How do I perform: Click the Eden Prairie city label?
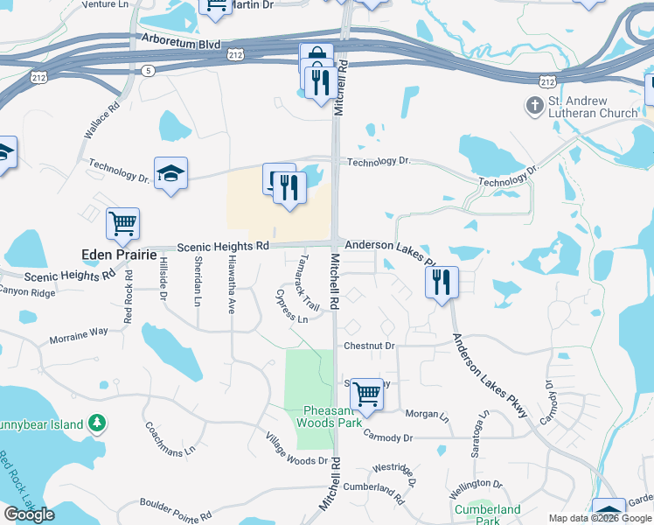[x=116, y=254]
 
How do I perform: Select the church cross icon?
[x=534, y=106]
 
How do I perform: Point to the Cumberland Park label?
[x=486, y=514]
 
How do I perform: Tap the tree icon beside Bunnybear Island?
[x=98, y=424]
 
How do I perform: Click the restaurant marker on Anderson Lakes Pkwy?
[x=441, y=283]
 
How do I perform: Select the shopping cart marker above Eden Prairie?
[x=122, y=223]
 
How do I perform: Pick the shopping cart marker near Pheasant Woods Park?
[x=365, y=394]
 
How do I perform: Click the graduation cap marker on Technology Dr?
[x=170, y=173]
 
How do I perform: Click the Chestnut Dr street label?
[x=369, y=346]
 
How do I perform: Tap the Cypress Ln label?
[x=292, y=307]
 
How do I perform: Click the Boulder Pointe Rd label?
[x=176, y=510]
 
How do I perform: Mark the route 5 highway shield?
[x=149, y=69]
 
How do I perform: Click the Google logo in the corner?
[x=29, y=514]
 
